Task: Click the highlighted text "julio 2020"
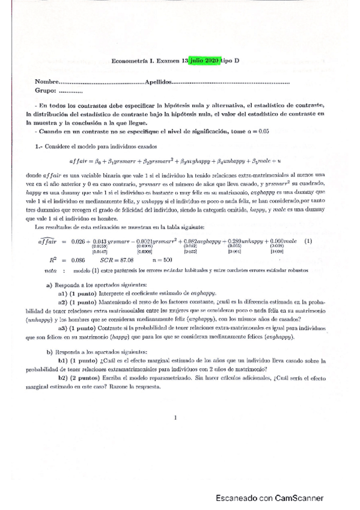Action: (204, 61)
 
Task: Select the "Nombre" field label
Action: (30, 81)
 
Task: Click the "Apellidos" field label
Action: (142, 81)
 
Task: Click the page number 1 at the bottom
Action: (174, 417)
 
